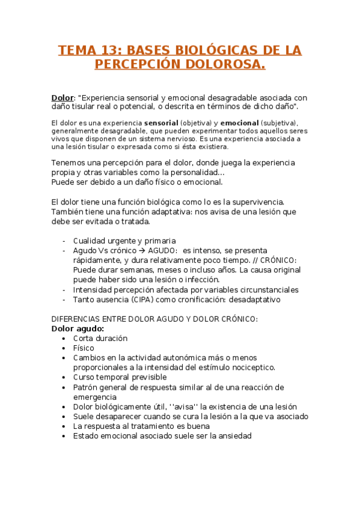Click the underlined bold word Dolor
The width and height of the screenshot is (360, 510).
coord(62,97)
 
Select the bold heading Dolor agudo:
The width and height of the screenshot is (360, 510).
coord(78,328)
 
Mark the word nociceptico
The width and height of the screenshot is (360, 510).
coord(251,367)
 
